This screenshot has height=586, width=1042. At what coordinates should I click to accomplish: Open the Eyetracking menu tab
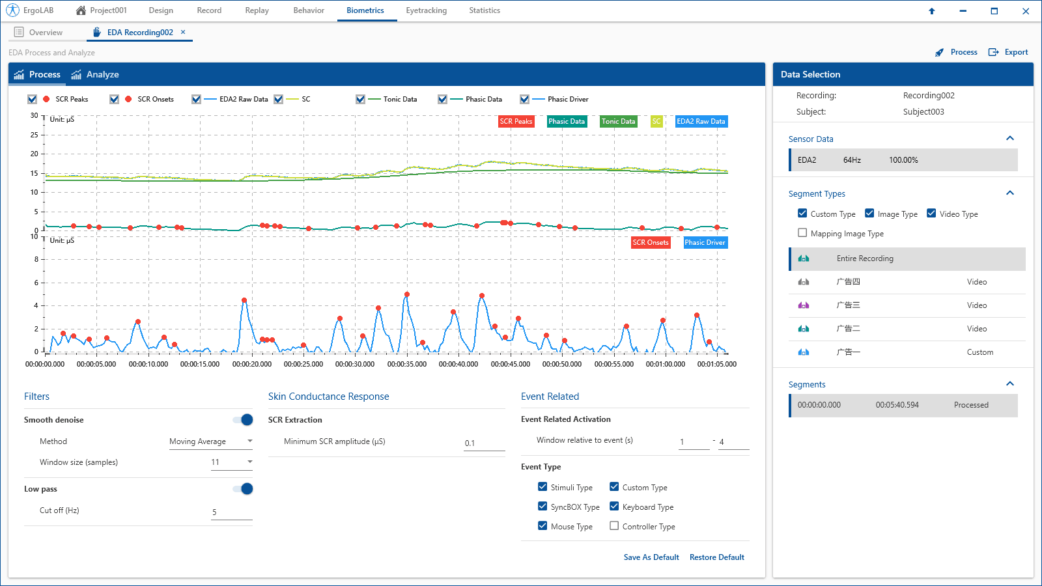click(426, 10)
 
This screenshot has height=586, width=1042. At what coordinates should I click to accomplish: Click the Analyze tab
click(95, 74)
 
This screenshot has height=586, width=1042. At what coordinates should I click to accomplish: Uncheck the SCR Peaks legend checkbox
click(32, 99)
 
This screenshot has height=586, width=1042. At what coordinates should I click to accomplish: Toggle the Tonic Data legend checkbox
click(360, 99)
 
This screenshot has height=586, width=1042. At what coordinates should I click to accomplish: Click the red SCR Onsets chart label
click(651, 242)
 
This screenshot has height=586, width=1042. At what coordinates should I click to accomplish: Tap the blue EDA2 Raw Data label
click(701, 121)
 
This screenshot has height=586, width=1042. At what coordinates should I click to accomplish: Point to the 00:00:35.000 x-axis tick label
click(406, 364)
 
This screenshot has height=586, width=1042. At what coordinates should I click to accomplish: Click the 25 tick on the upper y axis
click(34, 135)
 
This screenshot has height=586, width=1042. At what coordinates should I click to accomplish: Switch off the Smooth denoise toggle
click(243, 419)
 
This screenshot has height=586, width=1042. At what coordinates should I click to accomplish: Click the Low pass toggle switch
click(243, 489)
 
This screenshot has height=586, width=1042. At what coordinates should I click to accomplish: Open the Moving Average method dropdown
click(211, 441)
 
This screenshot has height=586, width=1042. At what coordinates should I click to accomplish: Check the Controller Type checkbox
click(614, 526)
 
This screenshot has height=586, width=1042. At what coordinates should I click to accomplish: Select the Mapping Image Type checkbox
click(802, 233)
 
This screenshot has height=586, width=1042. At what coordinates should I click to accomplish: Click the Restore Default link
click(716, 557)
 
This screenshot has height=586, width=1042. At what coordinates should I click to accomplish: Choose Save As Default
click(651, 557)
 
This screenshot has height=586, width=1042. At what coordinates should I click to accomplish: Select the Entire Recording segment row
click(907, 258)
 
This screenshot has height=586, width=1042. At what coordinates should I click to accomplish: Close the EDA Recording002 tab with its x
click(183, 32)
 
